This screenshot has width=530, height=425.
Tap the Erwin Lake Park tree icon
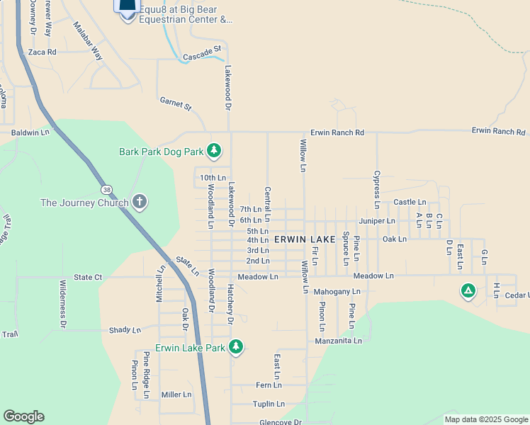[236, 347]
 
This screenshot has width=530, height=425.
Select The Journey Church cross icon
[140, 203]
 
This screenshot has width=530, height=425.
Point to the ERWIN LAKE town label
[305, 240]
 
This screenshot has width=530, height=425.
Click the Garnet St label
[176, 105]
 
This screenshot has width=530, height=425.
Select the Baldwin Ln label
[30, 132]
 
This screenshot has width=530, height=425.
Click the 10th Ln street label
[213, 178]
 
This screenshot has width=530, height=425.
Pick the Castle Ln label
[410, 203]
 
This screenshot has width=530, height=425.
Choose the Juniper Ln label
[377, 221]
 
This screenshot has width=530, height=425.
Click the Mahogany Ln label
[337, 291]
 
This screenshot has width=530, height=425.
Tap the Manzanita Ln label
[338, 341]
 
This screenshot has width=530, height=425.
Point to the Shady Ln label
[125, 330]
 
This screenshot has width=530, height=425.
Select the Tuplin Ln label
[269, 404]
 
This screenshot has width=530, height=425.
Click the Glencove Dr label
[281, 421]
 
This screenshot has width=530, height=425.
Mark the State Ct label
[89, 277]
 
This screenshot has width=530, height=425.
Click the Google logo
[23, 416]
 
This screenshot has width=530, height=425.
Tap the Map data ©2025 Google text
[485, 419]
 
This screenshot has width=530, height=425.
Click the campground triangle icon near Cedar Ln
[468, 290]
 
